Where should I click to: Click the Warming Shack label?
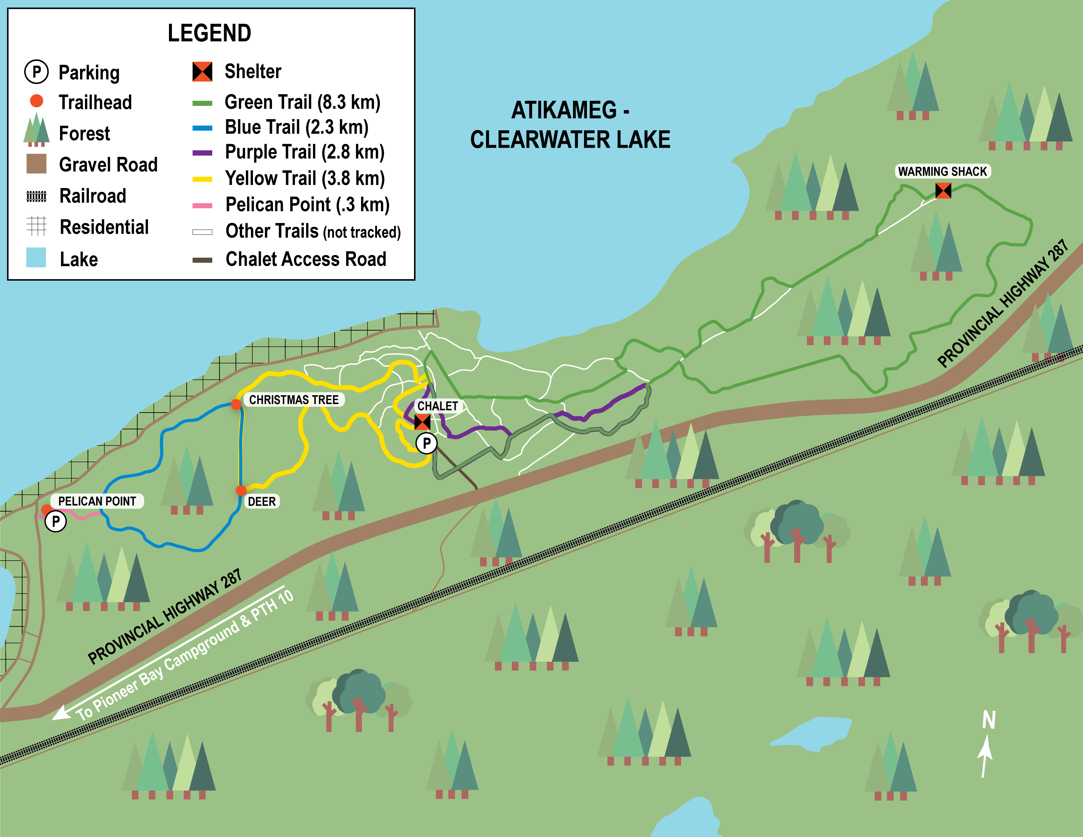[942, 172]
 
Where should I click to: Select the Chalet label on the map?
[437, 406]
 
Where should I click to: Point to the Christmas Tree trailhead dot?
[236, 404]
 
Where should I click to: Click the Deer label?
[261, 502]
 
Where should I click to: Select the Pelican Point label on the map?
[97, 501]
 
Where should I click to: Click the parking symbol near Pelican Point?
[55, 522]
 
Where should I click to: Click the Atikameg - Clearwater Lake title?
[570, 125]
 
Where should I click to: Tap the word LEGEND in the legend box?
[209, 33]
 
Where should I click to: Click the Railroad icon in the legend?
[36, 197]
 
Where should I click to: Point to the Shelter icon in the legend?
[202, 72]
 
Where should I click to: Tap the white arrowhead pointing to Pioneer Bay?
[60, 714]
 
